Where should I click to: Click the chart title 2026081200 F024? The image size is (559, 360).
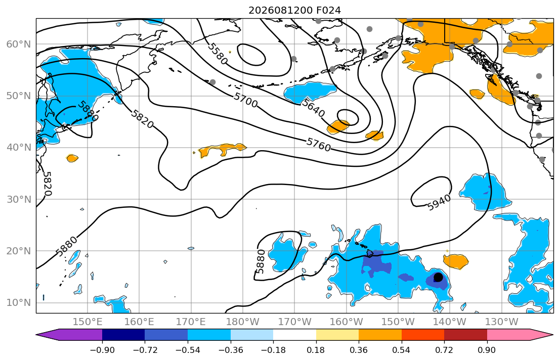coord(294,10)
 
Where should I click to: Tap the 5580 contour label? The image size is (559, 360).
coord(218,54)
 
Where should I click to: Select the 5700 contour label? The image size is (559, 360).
coord(246,100)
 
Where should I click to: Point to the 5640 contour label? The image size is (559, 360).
coord(313,108)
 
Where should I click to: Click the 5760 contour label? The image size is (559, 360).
coord(319,145)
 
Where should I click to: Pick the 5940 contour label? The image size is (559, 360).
coord(439,203)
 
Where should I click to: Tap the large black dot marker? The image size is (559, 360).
coord(438,277)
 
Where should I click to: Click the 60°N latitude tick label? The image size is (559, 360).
coord(19,44)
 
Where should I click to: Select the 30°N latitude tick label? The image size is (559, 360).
coord(19,199)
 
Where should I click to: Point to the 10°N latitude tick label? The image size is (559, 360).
coord(19,303)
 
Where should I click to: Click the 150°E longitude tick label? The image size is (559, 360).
coord(88,322)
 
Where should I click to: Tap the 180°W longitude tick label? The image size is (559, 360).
coord(243,322)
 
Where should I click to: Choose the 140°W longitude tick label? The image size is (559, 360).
coord(450,322)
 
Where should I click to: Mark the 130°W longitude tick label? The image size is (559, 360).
coord(502,322)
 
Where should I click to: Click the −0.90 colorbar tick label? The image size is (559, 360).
coord(102,350)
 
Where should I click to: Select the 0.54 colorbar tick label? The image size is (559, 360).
coord(402,350)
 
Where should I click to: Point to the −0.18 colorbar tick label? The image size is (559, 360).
coord(274,350)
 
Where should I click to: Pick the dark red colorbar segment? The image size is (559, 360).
coord(465,335)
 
